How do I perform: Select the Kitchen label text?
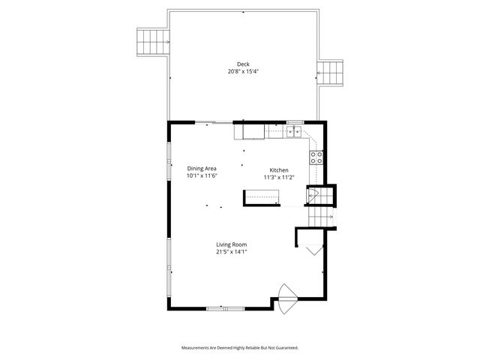[x=278, y=169]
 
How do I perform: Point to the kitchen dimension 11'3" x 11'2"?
[x=278, y=178]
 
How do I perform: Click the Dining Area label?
[x=202, y=168]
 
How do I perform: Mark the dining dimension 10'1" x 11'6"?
[x=202, y=176]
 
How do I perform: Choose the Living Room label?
[x=232, y=244]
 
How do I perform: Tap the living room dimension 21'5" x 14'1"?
[x=232, y=253]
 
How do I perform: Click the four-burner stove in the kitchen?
[x=316, y=157]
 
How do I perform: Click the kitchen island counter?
[x=260, y=197]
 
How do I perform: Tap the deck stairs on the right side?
[x=331, y=73]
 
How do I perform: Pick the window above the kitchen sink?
[x=295, y=121]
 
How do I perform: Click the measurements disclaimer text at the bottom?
[x=240, y=348]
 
